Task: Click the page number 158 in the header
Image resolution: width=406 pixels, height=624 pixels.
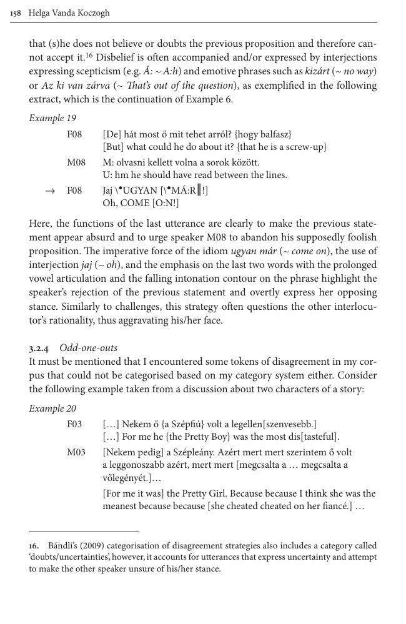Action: point(16,12)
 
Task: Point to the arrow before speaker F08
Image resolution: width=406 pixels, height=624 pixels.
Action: point(50,191)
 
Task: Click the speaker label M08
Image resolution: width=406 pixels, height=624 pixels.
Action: point(76,162)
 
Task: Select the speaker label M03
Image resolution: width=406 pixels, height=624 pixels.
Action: point(76,452)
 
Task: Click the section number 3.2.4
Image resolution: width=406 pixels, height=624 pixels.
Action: point(41,348)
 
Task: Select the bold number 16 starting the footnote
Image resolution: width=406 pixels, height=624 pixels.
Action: point(34,545)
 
